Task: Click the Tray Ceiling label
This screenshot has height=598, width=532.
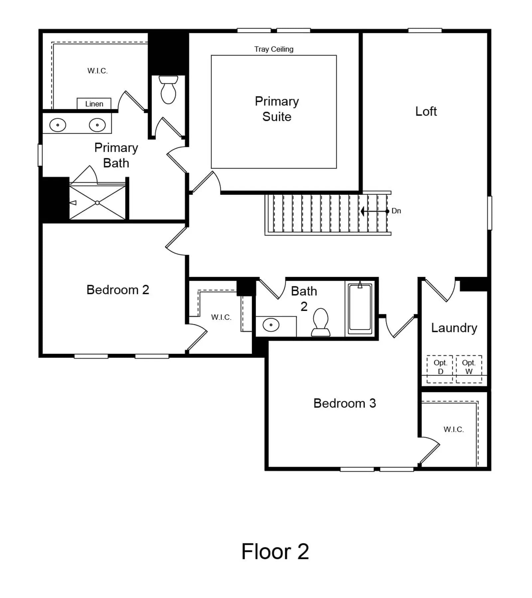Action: (x=274, y=49)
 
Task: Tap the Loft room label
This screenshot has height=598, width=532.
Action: (x=426, y=111)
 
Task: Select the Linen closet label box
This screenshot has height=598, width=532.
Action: (x=94, y=104)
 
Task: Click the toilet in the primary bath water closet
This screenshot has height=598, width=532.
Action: (x=168, y=90)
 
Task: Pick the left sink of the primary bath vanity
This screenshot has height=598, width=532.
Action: (x=58, y=125)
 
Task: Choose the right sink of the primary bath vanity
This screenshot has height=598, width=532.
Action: (x=97, y=125)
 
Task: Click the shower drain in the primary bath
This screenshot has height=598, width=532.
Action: (x=97, y=203)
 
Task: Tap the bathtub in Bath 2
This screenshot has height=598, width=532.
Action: (x=360, y=309)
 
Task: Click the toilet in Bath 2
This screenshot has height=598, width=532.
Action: (x=321, y=322)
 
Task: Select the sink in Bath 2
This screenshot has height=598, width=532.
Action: (x=271, y=325)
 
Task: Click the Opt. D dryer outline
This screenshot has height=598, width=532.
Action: (x=440, y=369)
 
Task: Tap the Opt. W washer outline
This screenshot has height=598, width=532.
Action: (x=469, y=369)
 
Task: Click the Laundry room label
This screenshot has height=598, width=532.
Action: (x=454, y=328)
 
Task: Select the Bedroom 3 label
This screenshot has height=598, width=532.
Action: (x=344, y=403)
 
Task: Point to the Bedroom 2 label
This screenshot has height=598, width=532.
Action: (x=118, y=290)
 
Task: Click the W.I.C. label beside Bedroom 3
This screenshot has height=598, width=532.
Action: (x=454, y=429)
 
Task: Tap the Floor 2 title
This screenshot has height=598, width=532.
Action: (x=275, y=551)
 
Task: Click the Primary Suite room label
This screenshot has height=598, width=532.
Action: (x=277, y=109)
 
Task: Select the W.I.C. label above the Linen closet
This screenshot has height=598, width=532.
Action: (x=97, y=71)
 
